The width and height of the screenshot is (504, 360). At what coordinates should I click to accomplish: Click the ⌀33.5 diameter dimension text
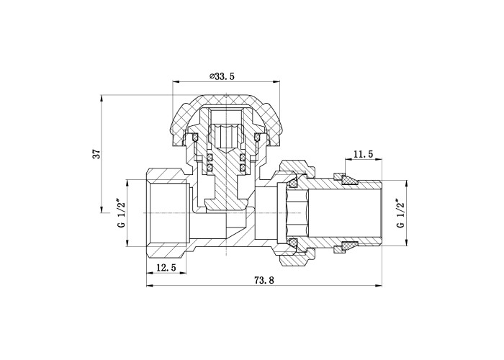click(222, 76)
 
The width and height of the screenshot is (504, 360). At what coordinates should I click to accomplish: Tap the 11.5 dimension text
click(363, 154)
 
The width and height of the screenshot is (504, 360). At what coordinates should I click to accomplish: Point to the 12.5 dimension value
click(166, 267)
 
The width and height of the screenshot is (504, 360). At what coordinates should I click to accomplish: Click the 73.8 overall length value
click(264, 280)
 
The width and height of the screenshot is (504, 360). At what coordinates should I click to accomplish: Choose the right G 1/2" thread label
click(400, 214)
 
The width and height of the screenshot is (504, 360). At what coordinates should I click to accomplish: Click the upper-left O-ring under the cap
click(195, 138)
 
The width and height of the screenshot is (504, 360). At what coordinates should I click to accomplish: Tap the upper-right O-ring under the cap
click(257, 138)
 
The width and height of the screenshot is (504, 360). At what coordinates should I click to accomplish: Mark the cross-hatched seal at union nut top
click(293, 184)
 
